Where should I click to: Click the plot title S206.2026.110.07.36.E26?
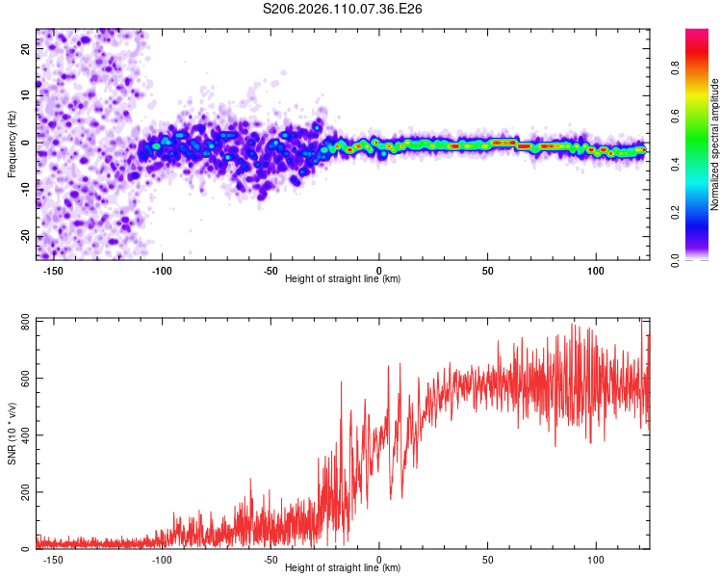point(344,9)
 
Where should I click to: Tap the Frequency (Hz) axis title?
point(12,144)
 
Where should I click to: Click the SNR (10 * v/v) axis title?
point(12,433)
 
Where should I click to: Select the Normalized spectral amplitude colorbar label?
point(715,144)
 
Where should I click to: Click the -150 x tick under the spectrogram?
point(53,271)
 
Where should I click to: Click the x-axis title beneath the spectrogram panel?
point(343,279)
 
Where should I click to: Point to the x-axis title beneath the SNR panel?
point(343,568)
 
